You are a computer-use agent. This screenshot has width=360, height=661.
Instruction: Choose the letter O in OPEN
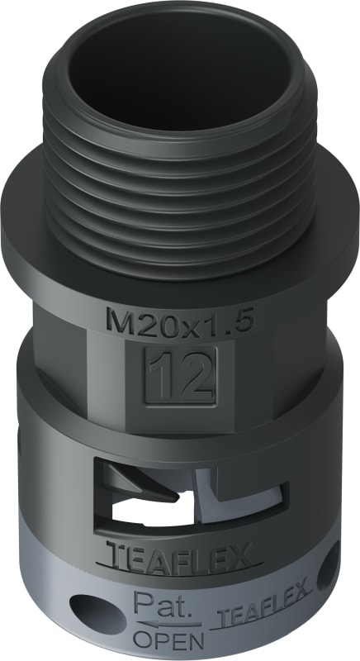coord(146,640)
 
